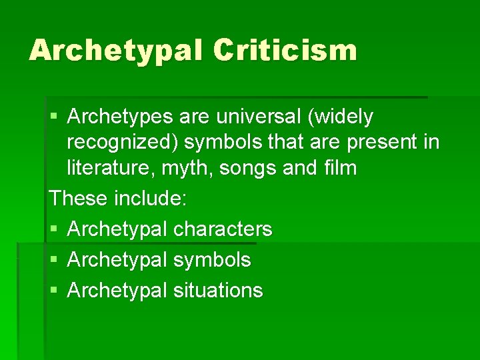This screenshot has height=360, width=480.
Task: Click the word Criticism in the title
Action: [x=286, y=50]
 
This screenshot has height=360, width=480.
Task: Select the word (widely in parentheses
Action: [x=339, y=117]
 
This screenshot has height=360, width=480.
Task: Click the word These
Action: [x=79, y=198]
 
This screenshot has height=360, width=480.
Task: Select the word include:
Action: [x=151, y=198]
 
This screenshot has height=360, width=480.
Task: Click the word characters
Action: [x=223, y=229]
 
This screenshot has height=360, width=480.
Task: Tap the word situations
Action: [x=218, y=290]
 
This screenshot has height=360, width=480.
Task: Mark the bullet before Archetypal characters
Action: [x=54, y=229]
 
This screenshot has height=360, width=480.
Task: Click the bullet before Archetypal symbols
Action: [x=54, y=260]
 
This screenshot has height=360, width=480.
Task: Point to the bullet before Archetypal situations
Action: [x=54, y=291]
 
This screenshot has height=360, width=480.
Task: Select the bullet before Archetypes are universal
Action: [x=54, y=117]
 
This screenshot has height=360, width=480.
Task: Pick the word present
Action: [x=390, y=142]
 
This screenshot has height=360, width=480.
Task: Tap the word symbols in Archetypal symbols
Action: [x=212, y=259]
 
